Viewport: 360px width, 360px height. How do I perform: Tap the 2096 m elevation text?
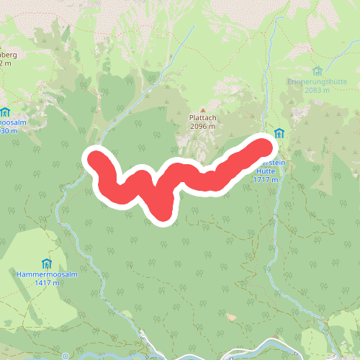pyautogui.click(x=202, y=126)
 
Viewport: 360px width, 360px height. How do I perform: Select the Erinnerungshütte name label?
pyautogui.click(x=317, y=81)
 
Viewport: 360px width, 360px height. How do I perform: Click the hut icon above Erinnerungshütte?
pyautogui.click(x=318, y=71)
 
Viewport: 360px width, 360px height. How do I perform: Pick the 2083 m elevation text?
pyautogui.click(x=317, y=90)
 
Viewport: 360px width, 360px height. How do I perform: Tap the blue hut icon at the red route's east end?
pyautogui.click(x=279, y=133)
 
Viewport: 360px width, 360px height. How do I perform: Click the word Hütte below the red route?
pyautogui.click(x=265, y=172)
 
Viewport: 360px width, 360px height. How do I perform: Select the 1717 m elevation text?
pyautogui.click(x=265, y=180)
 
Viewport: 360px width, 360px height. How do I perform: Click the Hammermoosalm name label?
pyautogui.click(x=48, y=274)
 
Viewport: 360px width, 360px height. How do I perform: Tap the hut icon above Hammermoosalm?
pyautogui.click(x=48, y=263)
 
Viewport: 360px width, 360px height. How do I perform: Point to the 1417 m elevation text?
pyautogui.click(x=48, y=283)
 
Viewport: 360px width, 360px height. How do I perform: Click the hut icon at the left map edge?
pyautogui.click(x=5, y=112)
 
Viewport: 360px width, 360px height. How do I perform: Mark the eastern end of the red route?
pyautogui.click(x=266, y=145)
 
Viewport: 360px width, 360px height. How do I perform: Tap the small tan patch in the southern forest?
pyautogui.click(x=231, y=316)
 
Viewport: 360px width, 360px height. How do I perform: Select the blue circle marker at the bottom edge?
pyautogui.click(x=65, y=356)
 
